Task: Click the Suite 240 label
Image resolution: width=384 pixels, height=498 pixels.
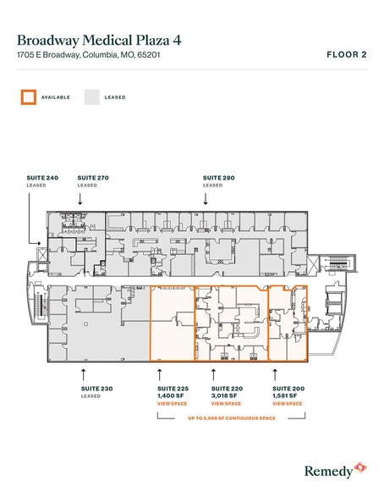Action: point(36,177)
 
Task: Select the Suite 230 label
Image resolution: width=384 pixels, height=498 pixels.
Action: point(96,388)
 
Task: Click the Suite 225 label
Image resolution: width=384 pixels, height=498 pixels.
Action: point(172,388)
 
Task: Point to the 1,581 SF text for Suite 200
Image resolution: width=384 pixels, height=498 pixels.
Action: point(286,396)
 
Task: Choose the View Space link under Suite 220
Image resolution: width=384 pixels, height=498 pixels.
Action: point(216,404)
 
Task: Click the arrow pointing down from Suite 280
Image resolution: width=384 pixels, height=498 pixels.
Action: point(206,197)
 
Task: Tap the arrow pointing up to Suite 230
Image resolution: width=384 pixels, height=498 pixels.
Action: point(83,372)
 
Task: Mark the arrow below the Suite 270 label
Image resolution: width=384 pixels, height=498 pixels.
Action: point(80,197)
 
